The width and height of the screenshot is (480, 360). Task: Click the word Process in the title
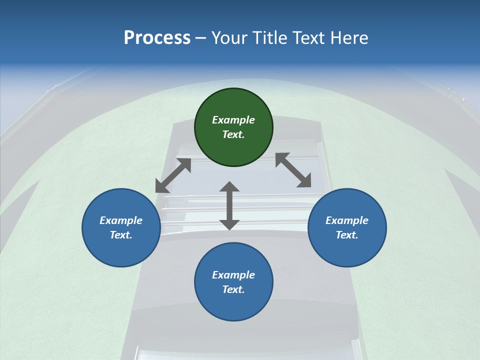(157, 38)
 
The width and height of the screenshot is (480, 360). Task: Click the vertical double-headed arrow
(229, 206)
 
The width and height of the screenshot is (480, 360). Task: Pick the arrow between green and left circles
(173, 175)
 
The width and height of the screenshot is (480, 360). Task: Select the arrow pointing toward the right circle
(293, 170)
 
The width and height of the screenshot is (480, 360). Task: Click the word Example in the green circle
(233, 120)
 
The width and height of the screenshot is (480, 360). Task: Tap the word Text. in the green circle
(233, 134)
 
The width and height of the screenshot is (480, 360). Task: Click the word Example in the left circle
(121, 220)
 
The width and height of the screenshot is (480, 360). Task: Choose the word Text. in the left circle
(121, 235)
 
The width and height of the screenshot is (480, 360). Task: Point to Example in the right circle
(347, 220)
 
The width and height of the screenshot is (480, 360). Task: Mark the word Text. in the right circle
(347, 235)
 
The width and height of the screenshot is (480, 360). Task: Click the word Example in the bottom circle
(233, 275)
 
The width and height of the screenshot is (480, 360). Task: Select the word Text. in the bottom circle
(233, 289)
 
